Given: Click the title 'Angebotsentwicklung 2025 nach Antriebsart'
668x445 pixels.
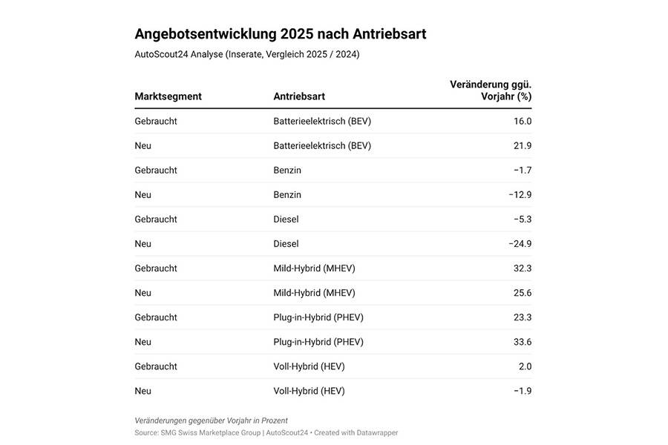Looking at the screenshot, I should point(280,34).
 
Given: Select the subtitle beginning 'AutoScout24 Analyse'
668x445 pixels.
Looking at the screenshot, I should point(246,54).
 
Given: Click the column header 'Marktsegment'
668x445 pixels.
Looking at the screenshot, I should point(168,96).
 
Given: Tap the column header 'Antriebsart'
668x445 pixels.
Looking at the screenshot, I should point(299,96).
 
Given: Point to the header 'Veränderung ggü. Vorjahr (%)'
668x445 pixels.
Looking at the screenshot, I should point(491,90).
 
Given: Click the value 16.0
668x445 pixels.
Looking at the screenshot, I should point(523,121).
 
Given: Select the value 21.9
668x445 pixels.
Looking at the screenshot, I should point(523,145).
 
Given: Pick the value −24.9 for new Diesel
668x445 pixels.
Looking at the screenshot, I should point(520,243).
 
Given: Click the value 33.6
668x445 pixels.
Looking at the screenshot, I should point(523,342).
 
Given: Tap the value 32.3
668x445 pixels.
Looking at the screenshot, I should point(523,268).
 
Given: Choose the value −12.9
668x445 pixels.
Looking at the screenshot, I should point(520,194).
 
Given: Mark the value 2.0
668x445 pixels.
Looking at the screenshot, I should point(524,366).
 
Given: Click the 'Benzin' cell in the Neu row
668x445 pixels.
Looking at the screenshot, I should point(287,194).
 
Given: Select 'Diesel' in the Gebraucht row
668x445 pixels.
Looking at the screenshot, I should point(286,219).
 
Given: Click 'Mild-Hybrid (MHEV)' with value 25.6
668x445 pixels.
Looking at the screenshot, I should point(314,292).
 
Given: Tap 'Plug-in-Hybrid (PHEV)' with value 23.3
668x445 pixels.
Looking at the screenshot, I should point(318,317).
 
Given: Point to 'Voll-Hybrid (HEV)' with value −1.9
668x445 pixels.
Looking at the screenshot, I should point(309,391).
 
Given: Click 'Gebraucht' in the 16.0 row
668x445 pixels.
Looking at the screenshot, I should point(156,121).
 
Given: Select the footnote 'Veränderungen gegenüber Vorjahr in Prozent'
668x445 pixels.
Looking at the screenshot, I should point(211,421).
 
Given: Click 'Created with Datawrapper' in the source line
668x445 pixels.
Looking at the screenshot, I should point(356,432).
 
